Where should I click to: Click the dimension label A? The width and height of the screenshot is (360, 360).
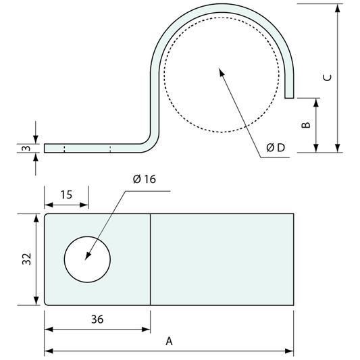(170, 342)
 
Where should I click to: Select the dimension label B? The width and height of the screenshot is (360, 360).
(305, 126)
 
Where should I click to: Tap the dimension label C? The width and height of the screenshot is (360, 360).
(327, 78)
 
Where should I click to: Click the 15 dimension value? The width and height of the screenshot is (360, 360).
(66, 195)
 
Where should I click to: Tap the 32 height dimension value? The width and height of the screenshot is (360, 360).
(26, 259)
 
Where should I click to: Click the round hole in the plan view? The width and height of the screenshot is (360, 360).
(87, 259)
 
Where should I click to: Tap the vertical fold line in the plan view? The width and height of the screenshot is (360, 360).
(150, 259)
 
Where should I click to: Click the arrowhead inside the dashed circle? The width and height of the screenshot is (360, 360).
(220, 70)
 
